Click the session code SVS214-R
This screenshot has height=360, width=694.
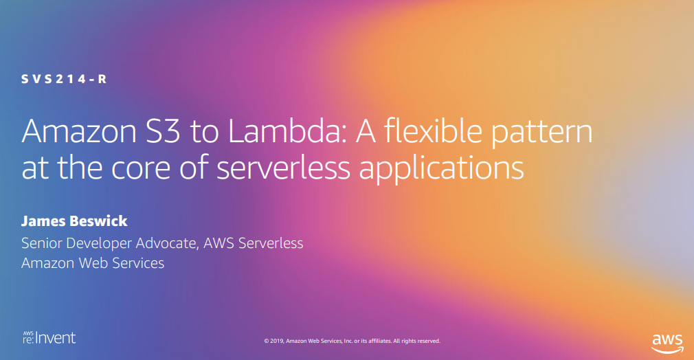(64, 79)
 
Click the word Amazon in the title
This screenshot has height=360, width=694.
(79, 131)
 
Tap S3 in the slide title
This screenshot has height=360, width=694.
(163, 131)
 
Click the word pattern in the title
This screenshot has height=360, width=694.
(541, 133)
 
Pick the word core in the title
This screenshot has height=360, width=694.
(140, 169)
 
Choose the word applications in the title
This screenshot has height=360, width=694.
(441, 169)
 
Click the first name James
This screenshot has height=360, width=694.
(43, 221)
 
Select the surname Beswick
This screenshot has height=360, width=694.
(98, 221)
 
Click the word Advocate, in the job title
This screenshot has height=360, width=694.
(166, 243)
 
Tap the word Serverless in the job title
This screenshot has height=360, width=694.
(271, 243)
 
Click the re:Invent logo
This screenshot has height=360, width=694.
(49, 337)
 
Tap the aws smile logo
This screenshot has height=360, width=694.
(667, 344)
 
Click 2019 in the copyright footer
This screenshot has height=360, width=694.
(277, 341)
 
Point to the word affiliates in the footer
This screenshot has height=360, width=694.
(380, 341)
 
